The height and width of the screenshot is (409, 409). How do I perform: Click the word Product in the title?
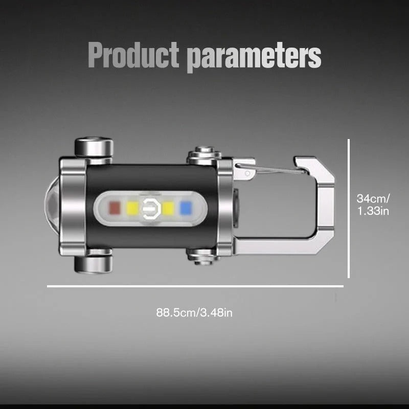[133, 55]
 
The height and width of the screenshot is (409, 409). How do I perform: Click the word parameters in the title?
[254, 56]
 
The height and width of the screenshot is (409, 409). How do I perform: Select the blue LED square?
[186, 208]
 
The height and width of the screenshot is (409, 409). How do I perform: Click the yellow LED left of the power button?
[133, 208]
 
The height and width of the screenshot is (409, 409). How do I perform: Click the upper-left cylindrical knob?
[94, 147]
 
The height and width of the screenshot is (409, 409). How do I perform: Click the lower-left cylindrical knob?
[94, 263]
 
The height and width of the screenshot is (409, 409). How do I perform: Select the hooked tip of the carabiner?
[302, 163]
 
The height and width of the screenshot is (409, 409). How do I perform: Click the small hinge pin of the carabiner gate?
[248, 173]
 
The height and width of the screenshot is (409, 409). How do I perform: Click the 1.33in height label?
[373, 210]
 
